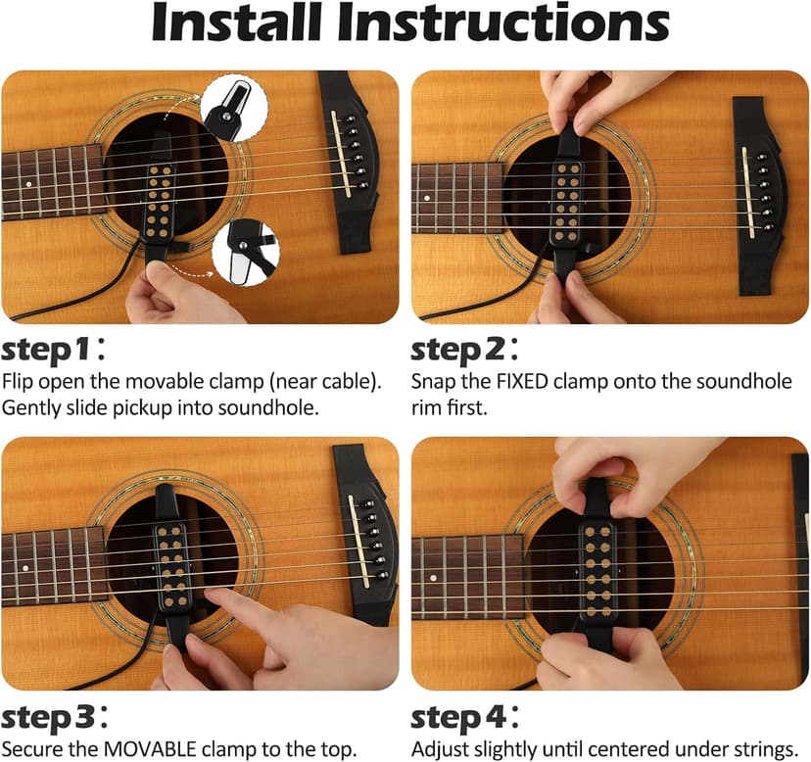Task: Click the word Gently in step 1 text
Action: [x=28, y=406]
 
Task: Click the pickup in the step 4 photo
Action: [x=596, y=568]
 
